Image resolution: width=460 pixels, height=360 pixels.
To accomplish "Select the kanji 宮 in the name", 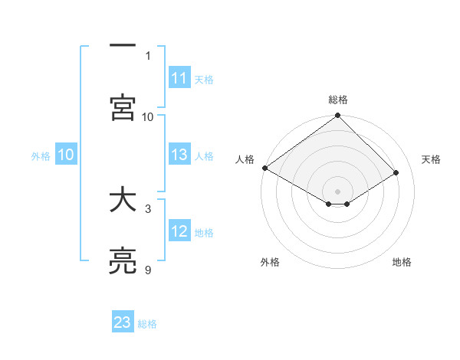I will (x=122, y=108).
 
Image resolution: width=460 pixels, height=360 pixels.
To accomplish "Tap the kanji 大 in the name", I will (x=122, y=201).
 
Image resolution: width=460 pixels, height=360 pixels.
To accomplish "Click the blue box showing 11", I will (x=179, y=78).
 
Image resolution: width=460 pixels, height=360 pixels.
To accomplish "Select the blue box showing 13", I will (x=179, y=155).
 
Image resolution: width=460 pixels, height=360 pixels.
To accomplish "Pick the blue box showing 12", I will (x=179, y=231).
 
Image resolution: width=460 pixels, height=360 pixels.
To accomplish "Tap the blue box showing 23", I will (x=123, y=322).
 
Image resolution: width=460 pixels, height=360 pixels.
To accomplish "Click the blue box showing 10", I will (x=66, y=155).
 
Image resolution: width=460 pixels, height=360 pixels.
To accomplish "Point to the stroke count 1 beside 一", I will (x=148, y=55).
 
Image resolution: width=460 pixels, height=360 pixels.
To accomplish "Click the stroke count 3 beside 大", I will (x=148, y=208).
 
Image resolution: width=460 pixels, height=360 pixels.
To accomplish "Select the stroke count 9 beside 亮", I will (x=148, y=270).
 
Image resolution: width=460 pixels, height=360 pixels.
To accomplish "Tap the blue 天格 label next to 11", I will (x=204, y=79).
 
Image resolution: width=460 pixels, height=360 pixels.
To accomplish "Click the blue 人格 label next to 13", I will (x=204, y=155).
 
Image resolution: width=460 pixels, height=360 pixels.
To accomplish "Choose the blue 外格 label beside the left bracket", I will (x=41, y=155).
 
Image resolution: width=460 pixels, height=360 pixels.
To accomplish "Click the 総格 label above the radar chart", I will (x=338, y=100).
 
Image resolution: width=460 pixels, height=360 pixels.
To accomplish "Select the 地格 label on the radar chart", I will (x=402, y=262).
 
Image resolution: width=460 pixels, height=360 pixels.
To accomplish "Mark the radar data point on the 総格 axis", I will (x=337, y=116).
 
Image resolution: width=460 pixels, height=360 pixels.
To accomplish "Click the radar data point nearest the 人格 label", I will (x=264, y=168).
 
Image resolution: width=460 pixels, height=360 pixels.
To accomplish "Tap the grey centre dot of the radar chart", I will (x=337, y=191).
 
